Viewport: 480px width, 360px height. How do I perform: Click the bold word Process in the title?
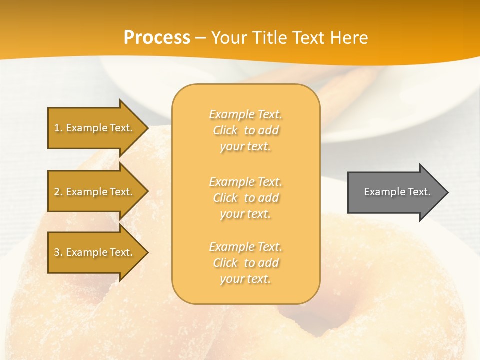tap(157, 38)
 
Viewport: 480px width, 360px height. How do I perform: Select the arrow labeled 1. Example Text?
tap(95, 128)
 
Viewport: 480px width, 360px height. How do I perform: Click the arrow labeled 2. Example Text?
tap(95, 192)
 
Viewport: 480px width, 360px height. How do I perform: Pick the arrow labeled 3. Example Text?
tap(95, 252)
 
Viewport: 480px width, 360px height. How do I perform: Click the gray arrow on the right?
tap(395, 192)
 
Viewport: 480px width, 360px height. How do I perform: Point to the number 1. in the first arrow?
tap(58, 128)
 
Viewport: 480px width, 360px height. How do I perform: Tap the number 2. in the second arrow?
tap(58, 192)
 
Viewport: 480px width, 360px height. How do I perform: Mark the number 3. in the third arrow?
tap(58, 252)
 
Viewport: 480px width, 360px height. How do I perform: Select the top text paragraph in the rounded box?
tap(245, 130)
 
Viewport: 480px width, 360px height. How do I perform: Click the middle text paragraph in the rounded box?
tap(245, 198)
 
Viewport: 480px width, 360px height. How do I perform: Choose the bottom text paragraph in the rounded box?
tap(245, 263)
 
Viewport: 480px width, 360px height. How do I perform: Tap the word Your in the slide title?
tap(228, 38)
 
